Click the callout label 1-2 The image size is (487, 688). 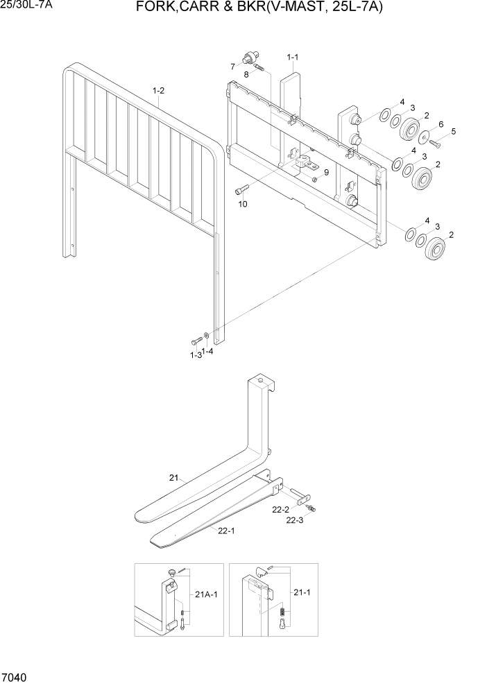158,90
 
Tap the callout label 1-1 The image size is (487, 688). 292,56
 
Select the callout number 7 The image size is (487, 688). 233,67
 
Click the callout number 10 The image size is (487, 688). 243,205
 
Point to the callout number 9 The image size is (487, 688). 325,172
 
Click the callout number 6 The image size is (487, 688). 440,124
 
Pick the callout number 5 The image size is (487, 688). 453,131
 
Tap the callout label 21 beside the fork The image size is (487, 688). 173,477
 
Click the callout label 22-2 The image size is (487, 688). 280,510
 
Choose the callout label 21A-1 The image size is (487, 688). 206,594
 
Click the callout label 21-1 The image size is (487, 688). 302,594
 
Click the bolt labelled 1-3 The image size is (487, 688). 195,341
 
